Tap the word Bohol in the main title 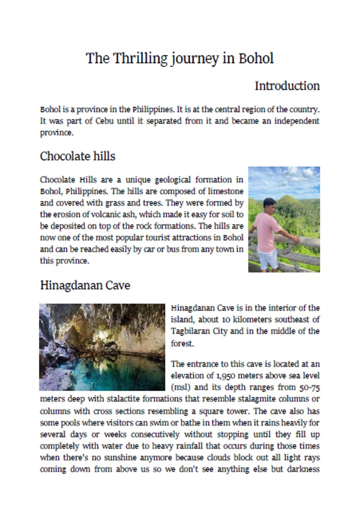tap(256, 58)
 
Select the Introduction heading tap(287, 86)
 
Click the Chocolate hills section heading tap(77, 156)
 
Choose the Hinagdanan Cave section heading tap(85, 285)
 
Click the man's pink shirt tap(268, 231)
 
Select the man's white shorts tap(268, 258)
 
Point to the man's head tap(269, 204)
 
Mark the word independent tap(289, 121)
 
